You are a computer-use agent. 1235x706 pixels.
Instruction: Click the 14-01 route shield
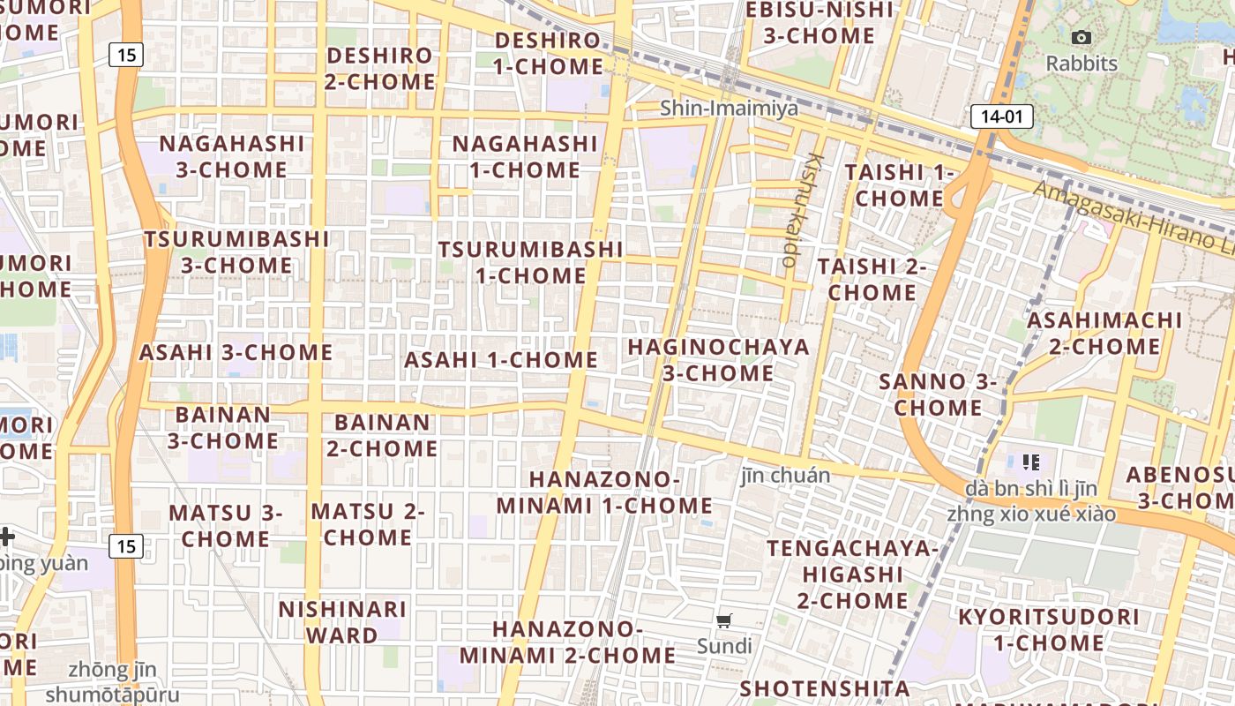[x=1002, y=116]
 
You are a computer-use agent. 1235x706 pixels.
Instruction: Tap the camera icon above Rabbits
[x=1081, y=37]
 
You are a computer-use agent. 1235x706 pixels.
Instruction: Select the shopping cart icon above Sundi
[x=724, y=620]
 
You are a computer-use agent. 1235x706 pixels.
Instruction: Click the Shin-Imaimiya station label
[x=729, y=109]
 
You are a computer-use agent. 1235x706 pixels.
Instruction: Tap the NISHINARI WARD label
[x=342, y=621]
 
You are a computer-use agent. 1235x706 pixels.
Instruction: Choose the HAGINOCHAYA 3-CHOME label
[x=718, y=360]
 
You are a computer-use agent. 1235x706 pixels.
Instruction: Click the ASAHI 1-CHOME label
[x=500, y=360]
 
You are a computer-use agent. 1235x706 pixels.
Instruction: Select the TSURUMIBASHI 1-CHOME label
[x=530, y=262]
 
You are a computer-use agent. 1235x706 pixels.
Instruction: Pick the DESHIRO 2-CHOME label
[x=380, y=69]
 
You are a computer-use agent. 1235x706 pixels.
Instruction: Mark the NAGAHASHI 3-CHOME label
[x=232, y=156]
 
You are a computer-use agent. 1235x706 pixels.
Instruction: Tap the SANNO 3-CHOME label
[x=938, y=394]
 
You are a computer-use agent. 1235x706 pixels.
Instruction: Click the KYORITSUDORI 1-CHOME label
[x=1049, y=629]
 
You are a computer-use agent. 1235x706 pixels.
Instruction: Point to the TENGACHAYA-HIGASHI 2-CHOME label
[x=852, y=575]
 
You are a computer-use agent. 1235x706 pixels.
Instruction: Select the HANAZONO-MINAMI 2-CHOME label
[x=567, y=642]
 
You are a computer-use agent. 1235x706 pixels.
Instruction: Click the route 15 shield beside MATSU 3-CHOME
[x=126, y=546]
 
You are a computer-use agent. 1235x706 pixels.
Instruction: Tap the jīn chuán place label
[x=785, y=476]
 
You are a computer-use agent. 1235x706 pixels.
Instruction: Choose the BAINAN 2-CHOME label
[x=382, y=435]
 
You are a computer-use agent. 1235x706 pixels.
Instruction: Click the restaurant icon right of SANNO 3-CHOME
[x=1031, y=462]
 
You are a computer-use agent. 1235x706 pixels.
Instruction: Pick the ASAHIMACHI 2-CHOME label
[x=1104, y=333]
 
